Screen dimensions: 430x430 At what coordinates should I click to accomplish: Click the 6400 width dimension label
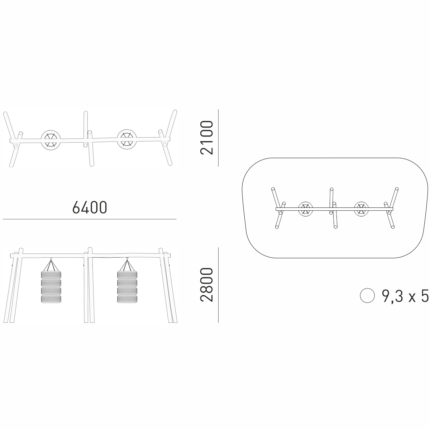point(90,207)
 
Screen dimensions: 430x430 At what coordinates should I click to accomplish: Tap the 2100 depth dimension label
point(207,138)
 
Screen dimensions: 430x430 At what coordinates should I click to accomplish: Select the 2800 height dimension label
point(207,285)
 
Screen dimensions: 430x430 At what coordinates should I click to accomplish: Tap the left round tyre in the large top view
point(51,140)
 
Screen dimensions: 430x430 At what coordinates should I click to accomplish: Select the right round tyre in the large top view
point(127,139)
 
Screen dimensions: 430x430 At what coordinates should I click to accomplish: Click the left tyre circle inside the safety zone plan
point(306,209)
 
